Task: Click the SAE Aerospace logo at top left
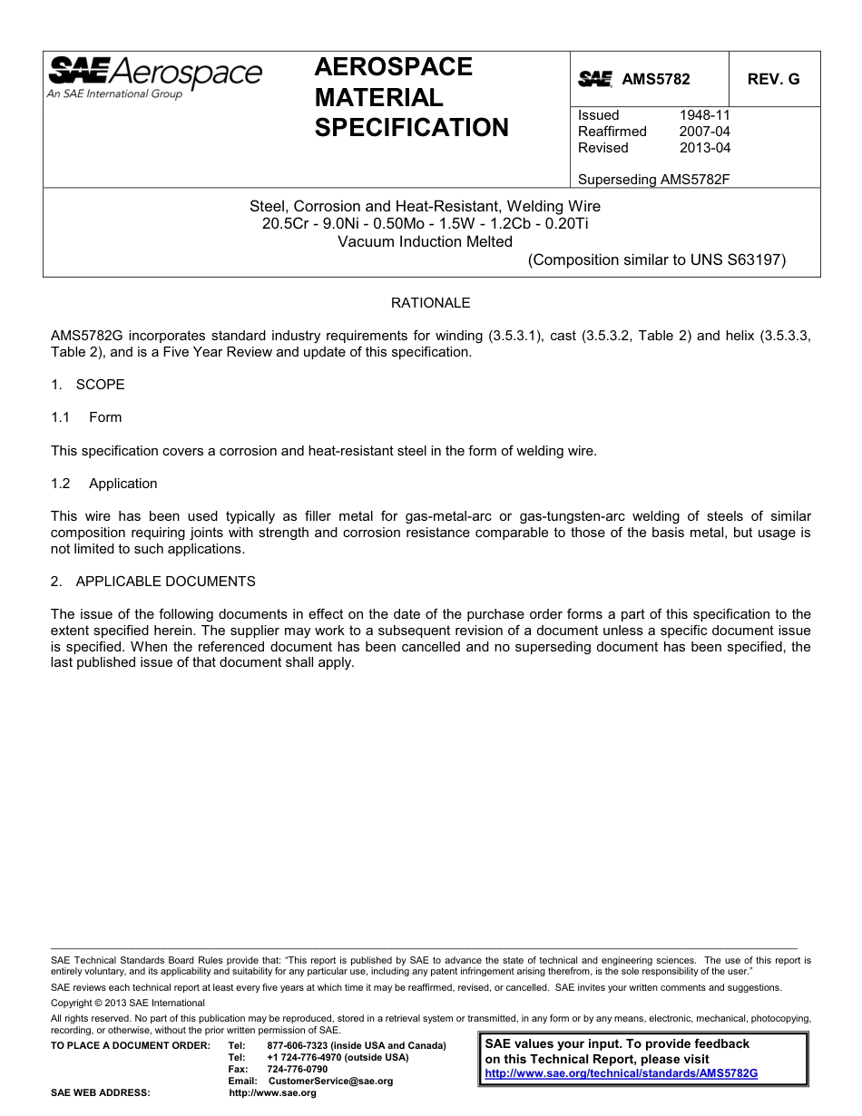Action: click(x=154, y=76)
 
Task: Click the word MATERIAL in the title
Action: click(x=378, y=98)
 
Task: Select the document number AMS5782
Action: click(x=655, y=79)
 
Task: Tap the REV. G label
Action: click(x=773, y=79)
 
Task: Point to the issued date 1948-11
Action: click(x=704, y=115)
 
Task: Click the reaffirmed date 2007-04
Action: click(x=704, y=132)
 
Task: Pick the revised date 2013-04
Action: click(x=704, y=148)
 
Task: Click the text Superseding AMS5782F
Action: click(x=653, y=180)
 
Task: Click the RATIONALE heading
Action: click(x=430, y=303)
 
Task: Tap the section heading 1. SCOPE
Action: click(x=88, y=385)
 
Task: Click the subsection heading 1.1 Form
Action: click(x=87, y=417)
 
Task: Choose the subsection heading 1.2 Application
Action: click(x=104, y=484)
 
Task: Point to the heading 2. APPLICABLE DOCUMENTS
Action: click(x=153, y=582)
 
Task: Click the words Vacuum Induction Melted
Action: click(x=425, y=241)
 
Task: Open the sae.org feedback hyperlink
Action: click(x=621, y=1072)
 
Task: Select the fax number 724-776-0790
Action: click(x=298, y=1069)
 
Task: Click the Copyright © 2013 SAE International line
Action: click(x=128, y=1003)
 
